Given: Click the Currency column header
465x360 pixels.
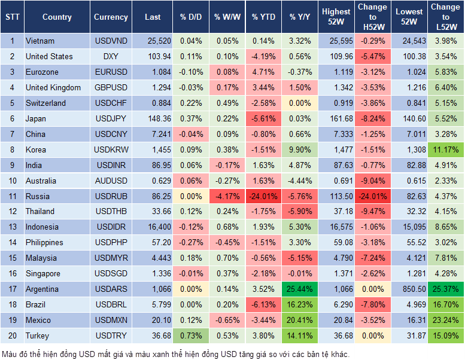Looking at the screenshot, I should point(111,17).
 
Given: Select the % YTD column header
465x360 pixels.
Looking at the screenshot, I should point(263,17).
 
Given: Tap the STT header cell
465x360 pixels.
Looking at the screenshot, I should point(11,17).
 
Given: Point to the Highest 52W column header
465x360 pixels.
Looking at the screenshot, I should point(336,17).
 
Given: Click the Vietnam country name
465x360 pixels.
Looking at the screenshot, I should point(40,41).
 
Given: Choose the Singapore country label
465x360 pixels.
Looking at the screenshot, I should point(43,273).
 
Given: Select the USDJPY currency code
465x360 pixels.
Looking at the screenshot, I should point(111,118).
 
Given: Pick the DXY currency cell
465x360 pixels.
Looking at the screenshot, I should point(111,56).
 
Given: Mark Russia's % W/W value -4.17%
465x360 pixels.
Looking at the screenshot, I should point(226,196).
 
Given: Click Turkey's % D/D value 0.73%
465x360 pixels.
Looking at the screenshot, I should point(190,335).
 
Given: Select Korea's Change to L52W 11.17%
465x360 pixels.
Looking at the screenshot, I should point(446,150).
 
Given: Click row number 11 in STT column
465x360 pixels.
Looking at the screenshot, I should point(11,196).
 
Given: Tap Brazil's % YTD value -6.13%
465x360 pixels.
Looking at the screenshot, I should point(263,304).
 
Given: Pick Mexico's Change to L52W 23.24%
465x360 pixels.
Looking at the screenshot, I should point(446,320).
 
